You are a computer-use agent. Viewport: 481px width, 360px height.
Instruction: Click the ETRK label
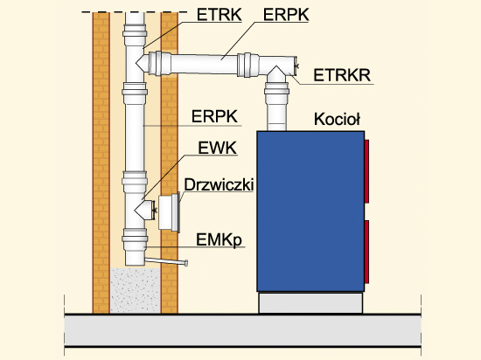coord(219,14)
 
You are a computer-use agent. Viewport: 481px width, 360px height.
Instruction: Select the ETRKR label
coord(342,75)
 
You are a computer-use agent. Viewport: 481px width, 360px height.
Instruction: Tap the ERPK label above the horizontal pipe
coord(286,14)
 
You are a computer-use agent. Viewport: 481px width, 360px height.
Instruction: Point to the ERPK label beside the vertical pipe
coord(214,116)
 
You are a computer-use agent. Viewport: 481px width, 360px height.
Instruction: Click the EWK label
coord(217,148)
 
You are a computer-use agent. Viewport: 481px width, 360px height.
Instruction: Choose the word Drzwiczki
coord(219,184)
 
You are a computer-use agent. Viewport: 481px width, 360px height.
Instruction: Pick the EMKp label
coord(219,240)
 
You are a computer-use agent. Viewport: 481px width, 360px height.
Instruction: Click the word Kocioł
coord(337,119)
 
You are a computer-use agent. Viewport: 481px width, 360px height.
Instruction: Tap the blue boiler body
coord(310,211)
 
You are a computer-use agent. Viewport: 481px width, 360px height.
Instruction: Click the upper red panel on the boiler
coord(366,171)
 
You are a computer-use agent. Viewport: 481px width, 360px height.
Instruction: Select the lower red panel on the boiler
coord(366,252)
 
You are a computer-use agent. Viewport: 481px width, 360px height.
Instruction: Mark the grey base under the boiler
coord(310,302)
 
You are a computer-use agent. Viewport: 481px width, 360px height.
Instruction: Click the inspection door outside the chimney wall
coord(169,213)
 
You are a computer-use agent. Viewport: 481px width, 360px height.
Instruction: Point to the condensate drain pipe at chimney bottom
coord(166,261)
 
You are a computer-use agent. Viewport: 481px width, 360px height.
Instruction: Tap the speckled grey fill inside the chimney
coord(136,290)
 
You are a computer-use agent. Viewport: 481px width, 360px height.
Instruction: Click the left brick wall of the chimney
coord(101,163)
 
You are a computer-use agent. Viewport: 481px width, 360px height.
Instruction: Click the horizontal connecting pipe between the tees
coord(204,64)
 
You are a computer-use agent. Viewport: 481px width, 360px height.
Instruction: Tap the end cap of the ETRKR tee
coord(296,66)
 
